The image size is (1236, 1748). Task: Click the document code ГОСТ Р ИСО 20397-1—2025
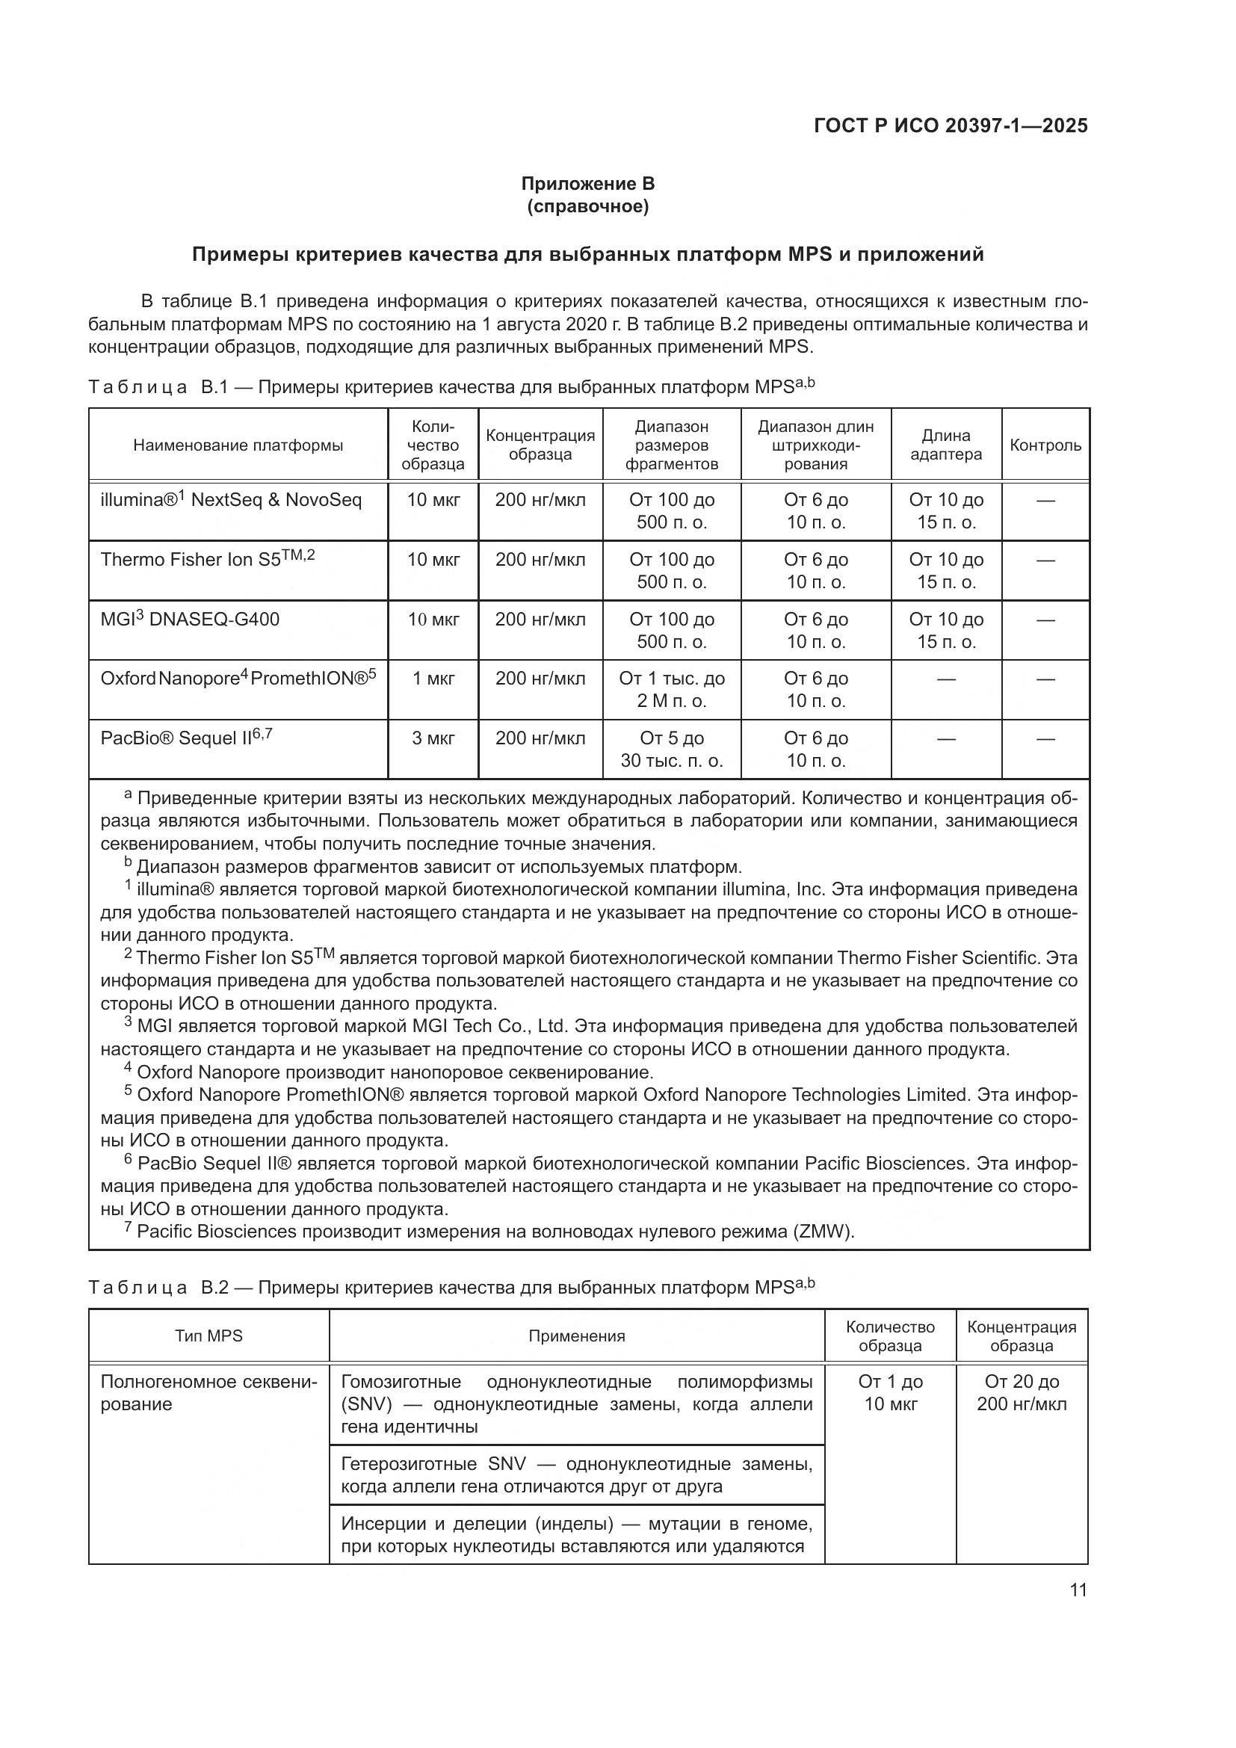point(950,126)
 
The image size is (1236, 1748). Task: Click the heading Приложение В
point(587,184)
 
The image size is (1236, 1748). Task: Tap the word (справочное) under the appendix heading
point(587,206)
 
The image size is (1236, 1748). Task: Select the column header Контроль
point(1045,445)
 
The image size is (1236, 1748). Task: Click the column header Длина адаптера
point(946,445)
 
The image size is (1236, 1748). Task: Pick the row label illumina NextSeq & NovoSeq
point(232,500)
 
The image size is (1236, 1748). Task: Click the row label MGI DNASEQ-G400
point(191,619)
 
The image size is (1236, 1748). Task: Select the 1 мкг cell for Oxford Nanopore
point(433,679)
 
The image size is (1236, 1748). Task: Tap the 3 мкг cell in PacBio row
point(433,738)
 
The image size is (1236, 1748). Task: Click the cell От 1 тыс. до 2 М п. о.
point(671,689)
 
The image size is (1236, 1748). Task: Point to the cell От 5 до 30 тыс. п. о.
point(671,749)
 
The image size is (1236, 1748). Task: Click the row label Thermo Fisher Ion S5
point(207,560)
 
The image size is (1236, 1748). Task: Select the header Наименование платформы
point(238,445)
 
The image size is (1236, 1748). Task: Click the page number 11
point(1078,1590)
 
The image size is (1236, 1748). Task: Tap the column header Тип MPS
point(208,1335)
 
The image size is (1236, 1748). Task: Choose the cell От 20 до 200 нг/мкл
point(1022,1392)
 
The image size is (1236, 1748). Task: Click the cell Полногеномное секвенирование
point(208,1392)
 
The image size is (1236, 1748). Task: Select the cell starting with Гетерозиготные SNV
point(576,1474)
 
